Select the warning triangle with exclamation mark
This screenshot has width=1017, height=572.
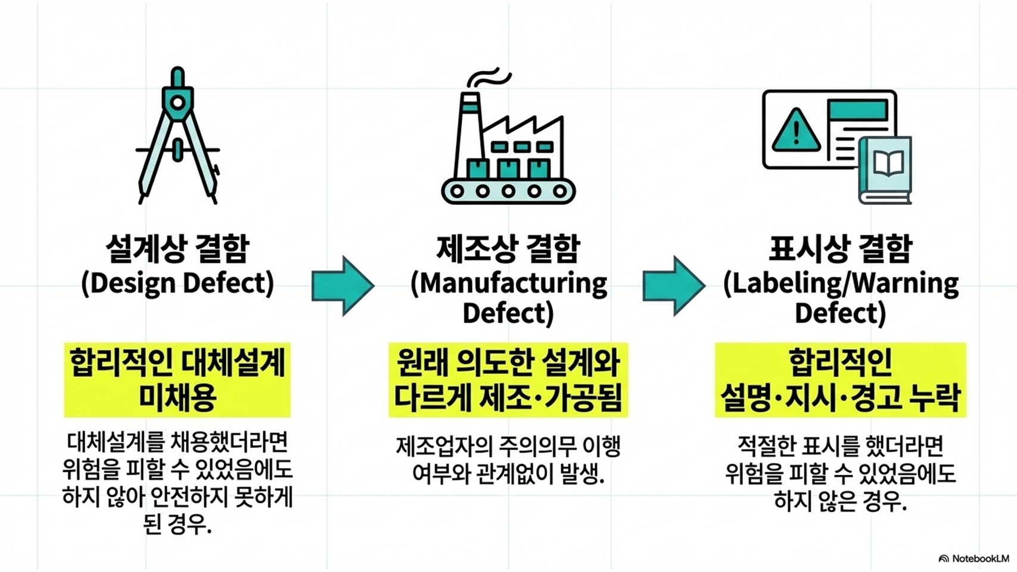[796, 130]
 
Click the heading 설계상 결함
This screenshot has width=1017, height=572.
[178, 248]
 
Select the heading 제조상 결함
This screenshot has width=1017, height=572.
[508, 248]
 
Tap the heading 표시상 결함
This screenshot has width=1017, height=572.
[840, 248]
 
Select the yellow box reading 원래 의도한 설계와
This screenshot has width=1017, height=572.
[508, 363]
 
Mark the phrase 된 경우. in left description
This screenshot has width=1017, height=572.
[178, 524]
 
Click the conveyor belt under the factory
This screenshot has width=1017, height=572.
[508, 191]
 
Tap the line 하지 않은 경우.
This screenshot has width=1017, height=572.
[840, 502]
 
